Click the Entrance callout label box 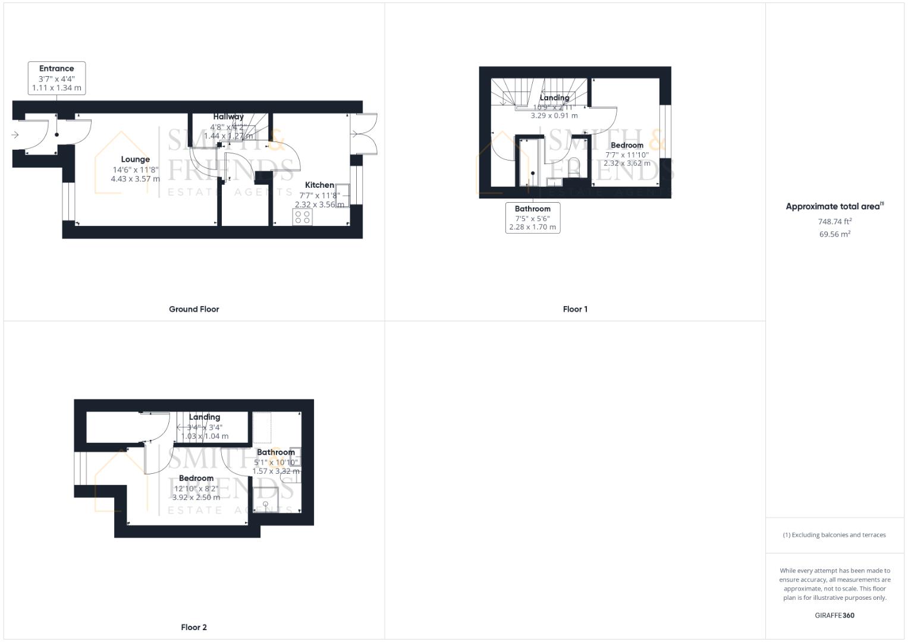tap(56, 78)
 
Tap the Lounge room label tap(135, 159)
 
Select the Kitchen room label tap(319, 185)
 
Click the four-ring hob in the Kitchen tap(302, 217)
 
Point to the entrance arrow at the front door tap(15, 135)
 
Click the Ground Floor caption tap(194, 309)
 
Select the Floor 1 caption tap(575, 309)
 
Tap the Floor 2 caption tap(194, 627)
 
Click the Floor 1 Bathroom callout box tap(532, 218)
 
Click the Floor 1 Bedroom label tap(627, 145)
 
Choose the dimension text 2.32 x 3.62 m tap(627, 163)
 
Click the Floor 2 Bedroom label tap(196, 478)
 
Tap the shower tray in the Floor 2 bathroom tap(266, 500)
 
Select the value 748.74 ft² tap(834, 221)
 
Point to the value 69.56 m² tap(834, 234)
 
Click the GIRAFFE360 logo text tap(834, 615)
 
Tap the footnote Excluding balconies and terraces tap(834, 535)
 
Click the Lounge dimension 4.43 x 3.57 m tap(135, 178)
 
